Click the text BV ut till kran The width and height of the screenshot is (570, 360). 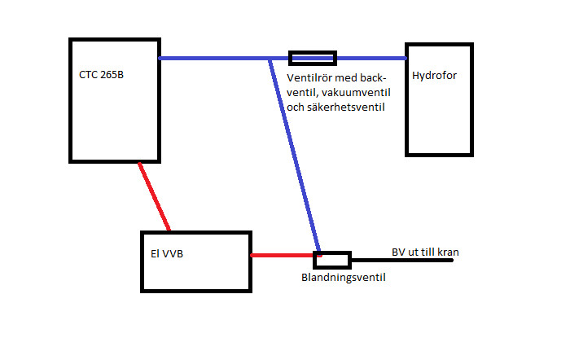425,252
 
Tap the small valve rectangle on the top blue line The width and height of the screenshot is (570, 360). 313,58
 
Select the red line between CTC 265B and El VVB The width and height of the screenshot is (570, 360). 155,196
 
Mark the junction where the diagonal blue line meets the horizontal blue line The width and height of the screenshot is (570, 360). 270,58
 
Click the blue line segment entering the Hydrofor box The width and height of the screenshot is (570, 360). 371,58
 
